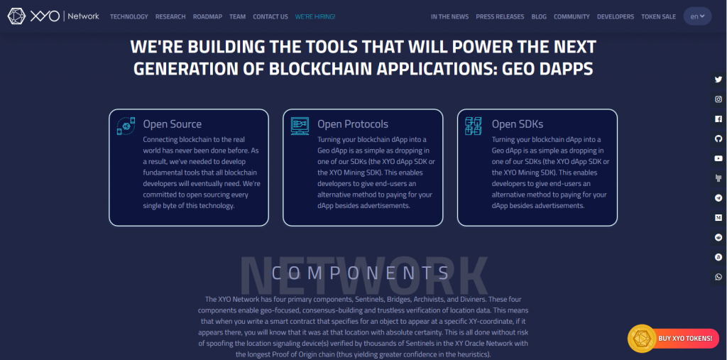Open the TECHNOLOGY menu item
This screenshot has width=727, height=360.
point(129,16)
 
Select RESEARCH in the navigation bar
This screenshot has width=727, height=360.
point(170,16)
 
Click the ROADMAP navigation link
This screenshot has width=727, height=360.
point(207,16)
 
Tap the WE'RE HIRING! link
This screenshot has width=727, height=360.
point(315,16)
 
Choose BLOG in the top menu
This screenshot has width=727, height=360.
point(539,16)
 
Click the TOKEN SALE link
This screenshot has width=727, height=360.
point(658,16)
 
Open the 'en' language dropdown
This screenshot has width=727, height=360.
point(697,16)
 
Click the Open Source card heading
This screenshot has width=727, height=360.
point(172,124)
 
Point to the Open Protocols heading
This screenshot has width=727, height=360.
point(353,124)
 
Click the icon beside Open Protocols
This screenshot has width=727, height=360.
point(300,126)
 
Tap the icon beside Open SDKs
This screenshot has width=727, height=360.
point(474,126)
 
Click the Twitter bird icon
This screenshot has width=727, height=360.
point(718,80)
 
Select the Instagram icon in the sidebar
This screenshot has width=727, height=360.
point(718,99)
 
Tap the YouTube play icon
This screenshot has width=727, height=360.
point(718,158)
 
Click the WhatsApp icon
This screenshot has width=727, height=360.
point(718,277)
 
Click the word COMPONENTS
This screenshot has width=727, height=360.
point(361,273)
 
